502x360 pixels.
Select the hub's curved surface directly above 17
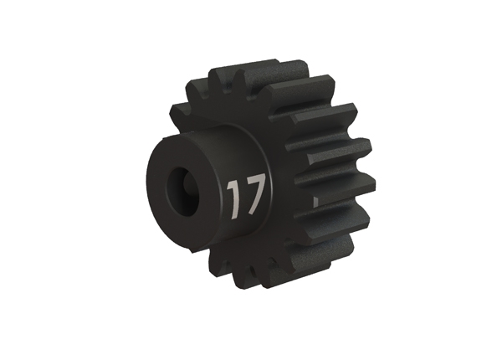click(243, 151)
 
